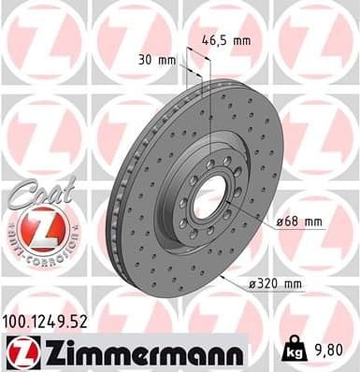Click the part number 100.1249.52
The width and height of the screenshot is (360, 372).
(52, 321)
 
